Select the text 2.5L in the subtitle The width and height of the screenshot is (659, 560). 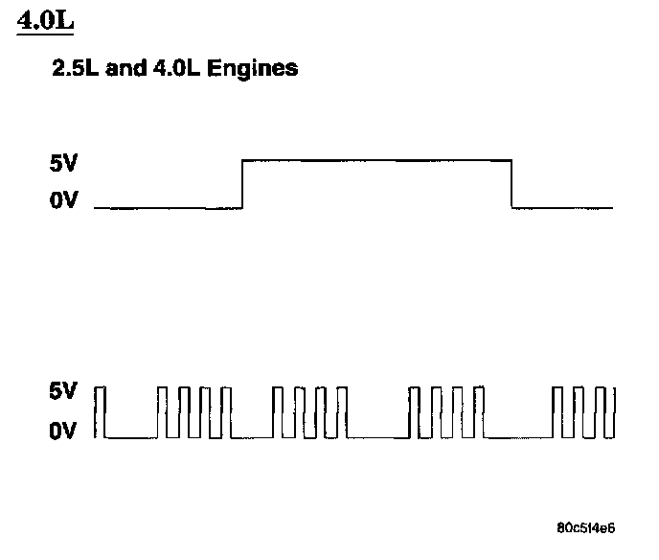(x=76, y=69)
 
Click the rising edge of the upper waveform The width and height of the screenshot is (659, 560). (x=242, y=183)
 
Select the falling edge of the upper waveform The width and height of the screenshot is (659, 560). (x=512, y=183)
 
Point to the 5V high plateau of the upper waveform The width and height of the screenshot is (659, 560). (x=377, y=160)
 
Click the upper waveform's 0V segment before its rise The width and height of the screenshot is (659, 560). (x=169, y=207)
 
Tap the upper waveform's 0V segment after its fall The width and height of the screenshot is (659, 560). (x=563, y=207)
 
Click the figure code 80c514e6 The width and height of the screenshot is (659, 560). (x=586, y=528)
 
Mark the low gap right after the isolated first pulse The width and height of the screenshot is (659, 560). (x=131, y=437)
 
